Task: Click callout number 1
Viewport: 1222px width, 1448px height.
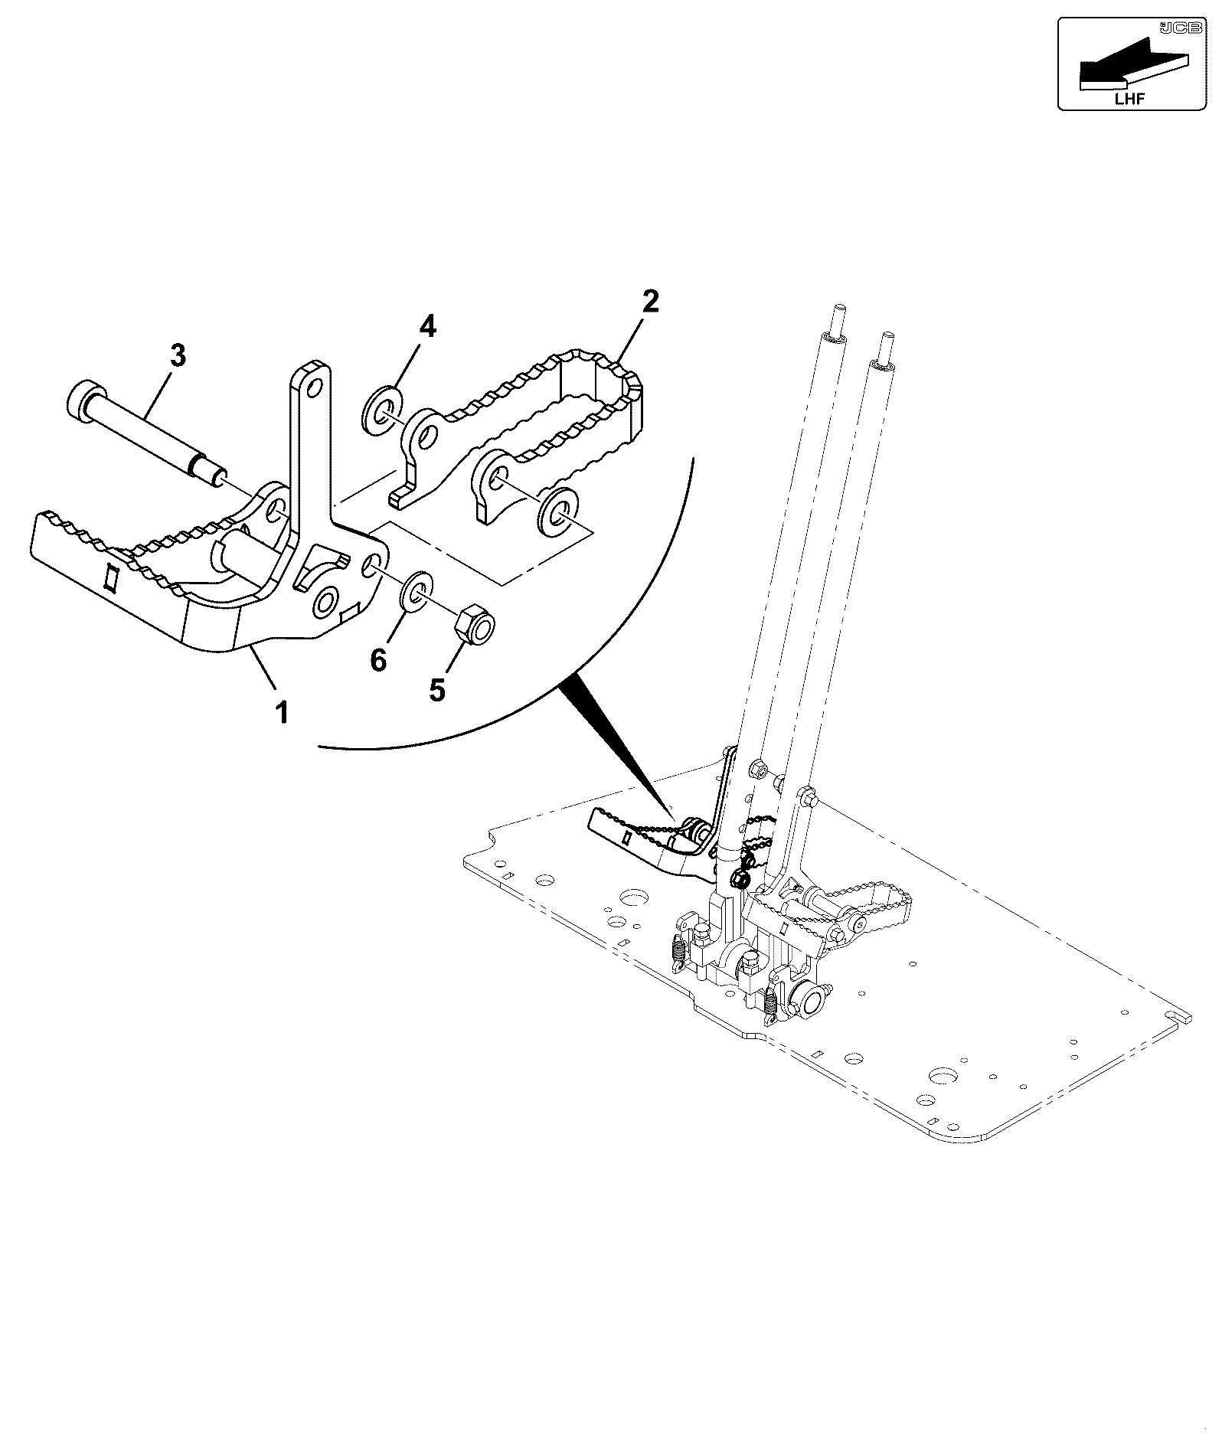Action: click(x=283, y=713)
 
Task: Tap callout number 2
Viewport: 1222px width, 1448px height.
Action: click(x=649, y=301)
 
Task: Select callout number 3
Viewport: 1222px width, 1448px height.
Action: click(x=178, y=356)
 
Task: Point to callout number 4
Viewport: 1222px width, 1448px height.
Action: click(x=427, y=328)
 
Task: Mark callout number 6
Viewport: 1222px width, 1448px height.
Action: click(x=379, y=659)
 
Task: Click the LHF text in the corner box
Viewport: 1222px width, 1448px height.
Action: click(x=1129, y=97)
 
